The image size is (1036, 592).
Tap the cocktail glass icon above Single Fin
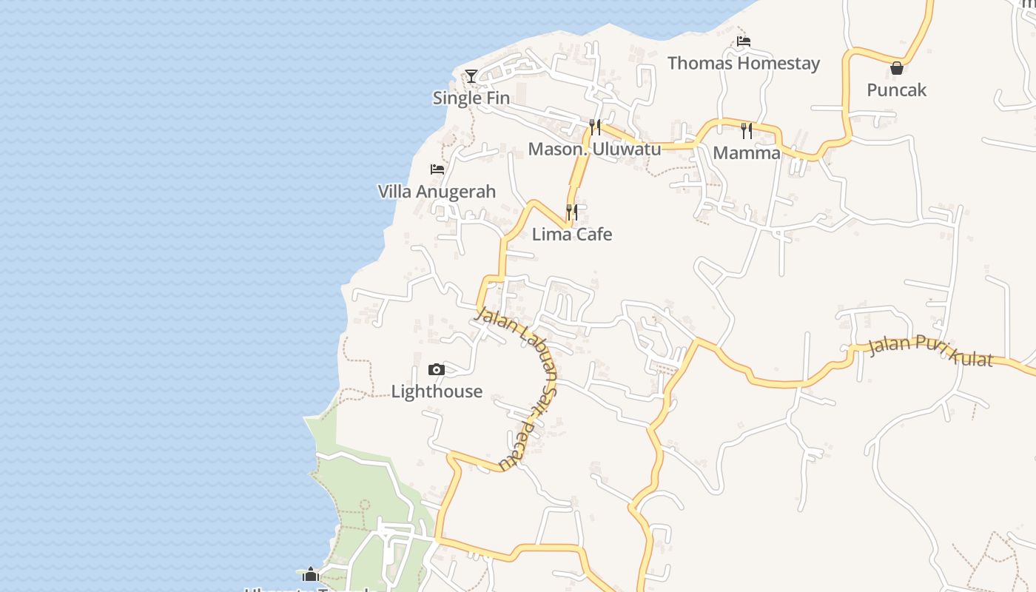(471, 75)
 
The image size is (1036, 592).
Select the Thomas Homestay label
(744, 63)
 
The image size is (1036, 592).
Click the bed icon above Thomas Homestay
(744, 41)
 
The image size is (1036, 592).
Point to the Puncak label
(897, 90)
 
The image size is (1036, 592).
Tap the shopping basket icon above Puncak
(897, 68)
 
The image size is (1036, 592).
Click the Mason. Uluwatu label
(594, 149)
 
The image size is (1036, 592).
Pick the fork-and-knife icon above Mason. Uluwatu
(594, 127)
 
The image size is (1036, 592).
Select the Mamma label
(747, 152)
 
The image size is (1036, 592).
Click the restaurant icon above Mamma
(747, 131)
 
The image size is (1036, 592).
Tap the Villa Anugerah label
(437, 191)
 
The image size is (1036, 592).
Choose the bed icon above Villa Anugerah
(437, 169)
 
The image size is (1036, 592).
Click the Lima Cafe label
(572, 234)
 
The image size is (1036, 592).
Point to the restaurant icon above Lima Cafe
(571, 212)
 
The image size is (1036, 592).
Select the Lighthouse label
(437, 391)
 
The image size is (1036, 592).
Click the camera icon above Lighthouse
(437, 369)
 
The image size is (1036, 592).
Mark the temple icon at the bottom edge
(310, 574)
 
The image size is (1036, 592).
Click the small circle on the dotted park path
(364, 504)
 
